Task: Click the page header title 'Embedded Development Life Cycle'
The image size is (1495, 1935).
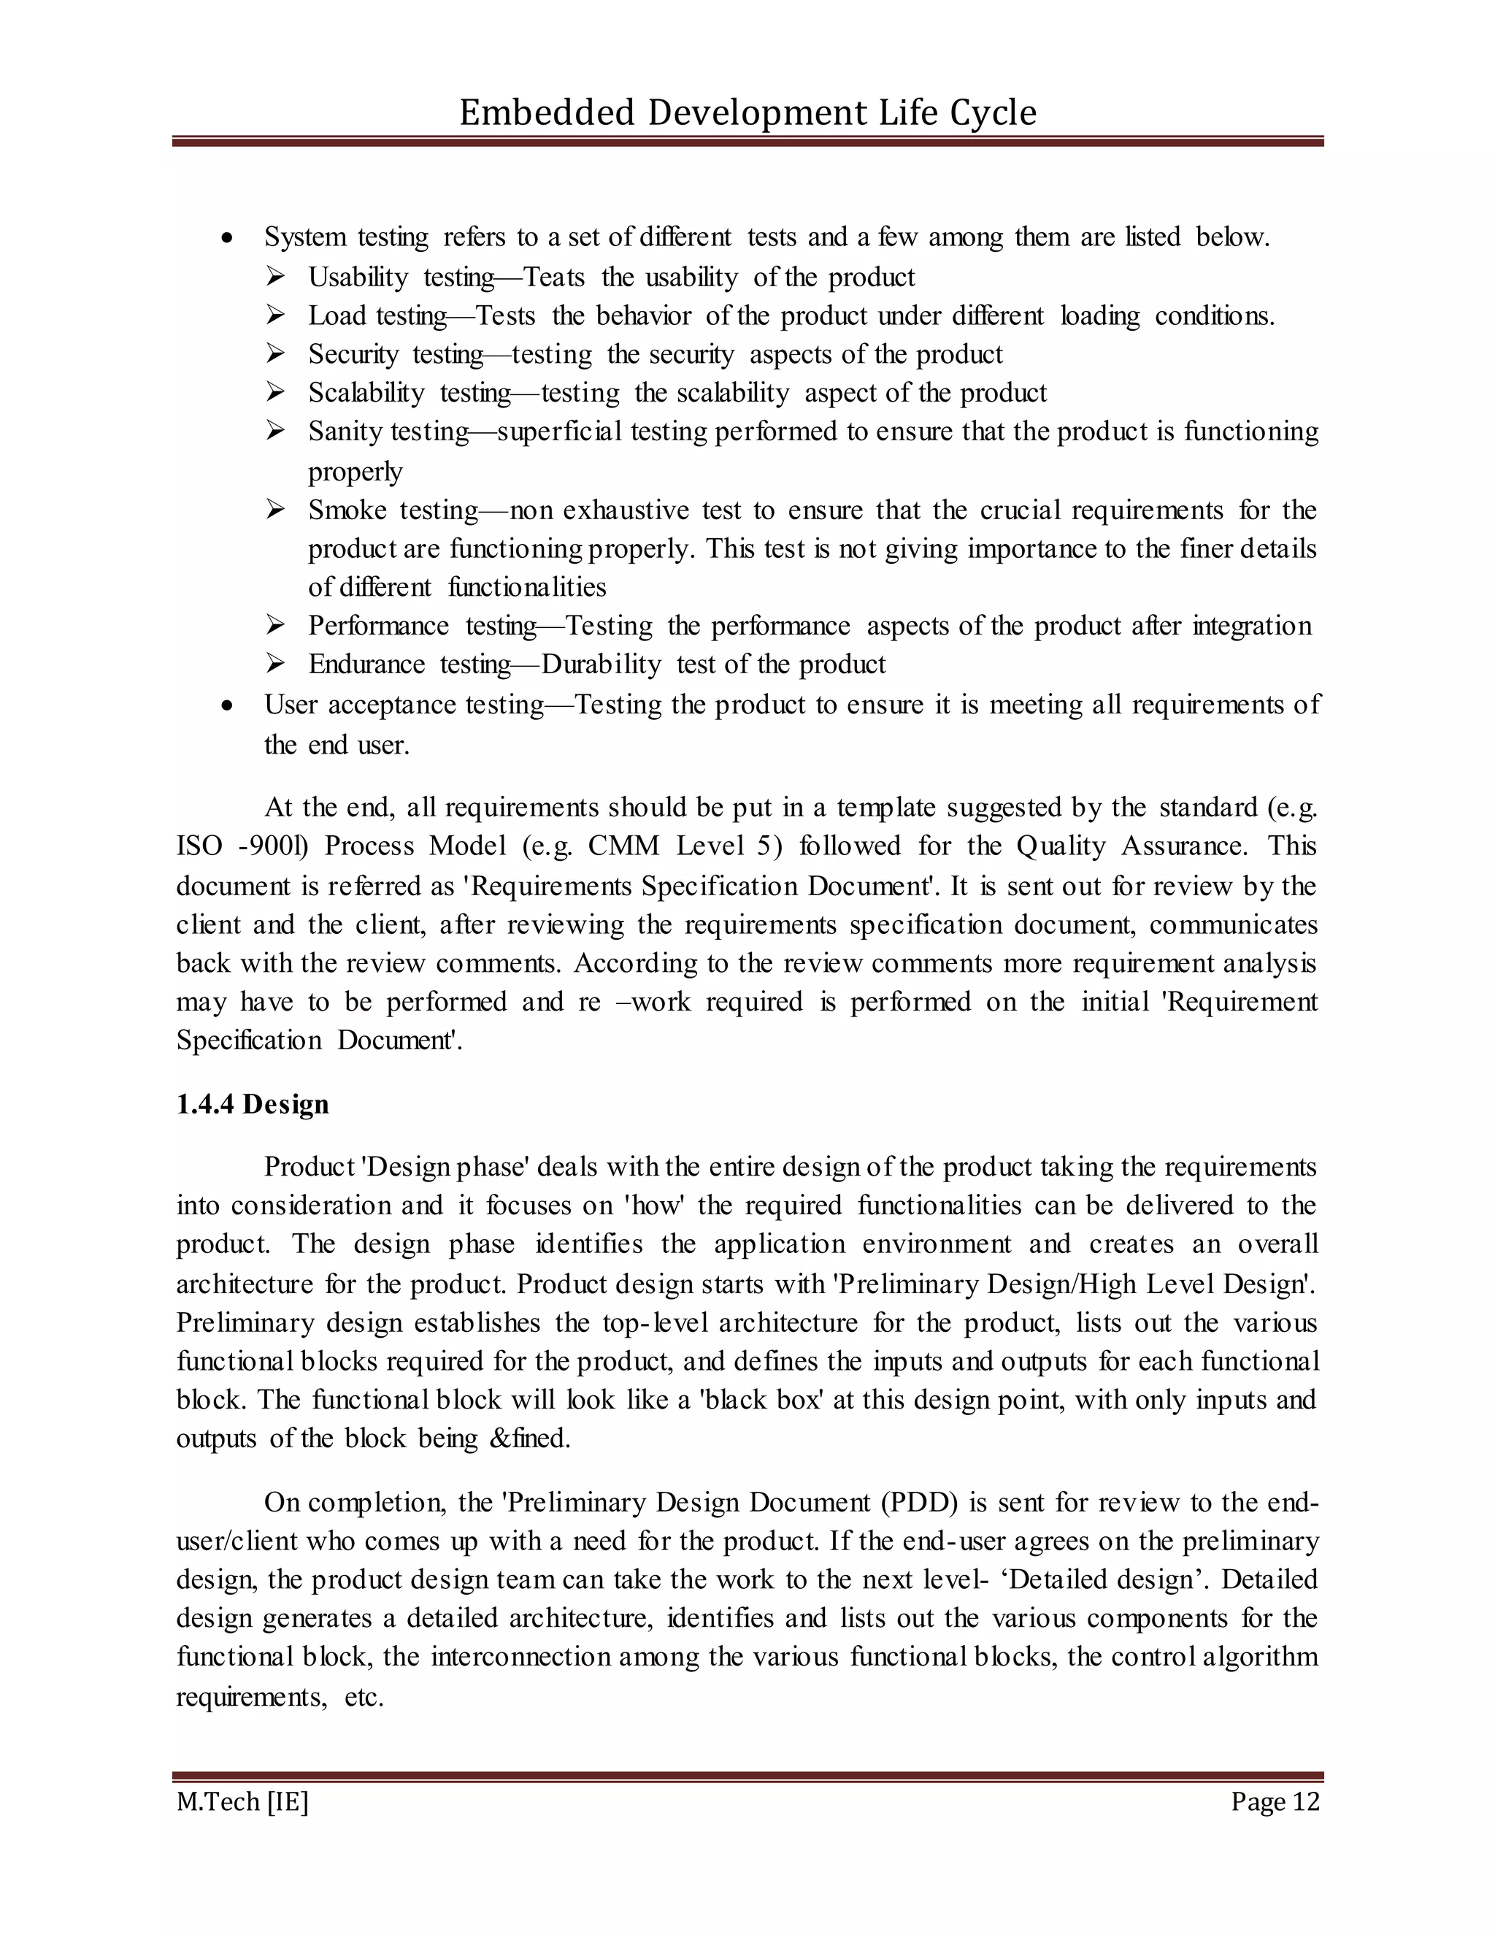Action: click(x=747, y=112)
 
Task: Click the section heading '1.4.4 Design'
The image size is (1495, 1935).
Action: click(x=253, y=1104)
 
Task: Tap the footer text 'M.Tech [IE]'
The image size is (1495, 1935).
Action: click(x=242, y=1801)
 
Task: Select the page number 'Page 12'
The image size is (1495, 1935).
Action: click(x=1275, y=1801)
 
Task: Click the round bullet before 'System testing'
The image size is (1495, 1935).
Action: click(x=228, y=238)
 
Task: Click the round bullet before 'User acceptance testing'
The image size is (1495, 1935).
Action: click(x=228, y=706)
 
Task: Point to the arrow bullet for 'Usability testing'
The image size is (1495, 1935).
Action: click(x=274, y=277)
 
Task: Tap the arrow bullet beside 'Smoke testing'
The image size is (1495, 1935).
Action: click(x=274, y=510)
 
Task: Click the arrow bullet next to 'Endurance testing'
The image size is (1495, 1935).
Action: click(x=274, y=664)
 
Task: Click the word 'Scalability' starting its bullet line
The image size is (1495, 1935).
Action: click(x=366, y=393)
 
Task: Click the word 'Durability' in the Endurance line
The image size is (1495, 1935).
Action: click(x=602, y=664)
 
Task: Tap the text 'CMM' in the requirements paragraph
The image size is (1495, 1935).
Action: click(x=623, y=846)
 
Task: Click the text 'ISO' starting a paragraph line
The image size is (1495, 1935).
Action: click(x=199, y=846)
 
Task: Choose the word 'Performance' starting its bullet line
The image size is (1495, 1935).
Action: click(x=378, y=626)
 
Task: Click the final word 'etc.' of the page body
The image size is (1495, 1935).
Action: click(x=363, y=1698)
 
